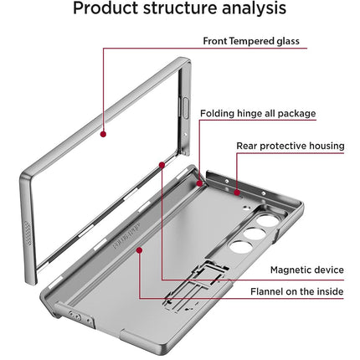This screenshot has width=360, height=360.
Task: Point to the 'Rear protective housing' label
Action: (x=290, y=146)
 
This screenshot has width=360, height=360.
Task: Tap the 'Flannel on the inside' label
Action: (x=295, y=292)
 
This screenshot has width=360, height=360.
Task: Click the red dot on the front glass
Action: (x=103, y=131)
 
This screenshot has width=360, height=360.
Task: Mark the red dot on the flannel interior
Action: (x=139, y=249)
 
